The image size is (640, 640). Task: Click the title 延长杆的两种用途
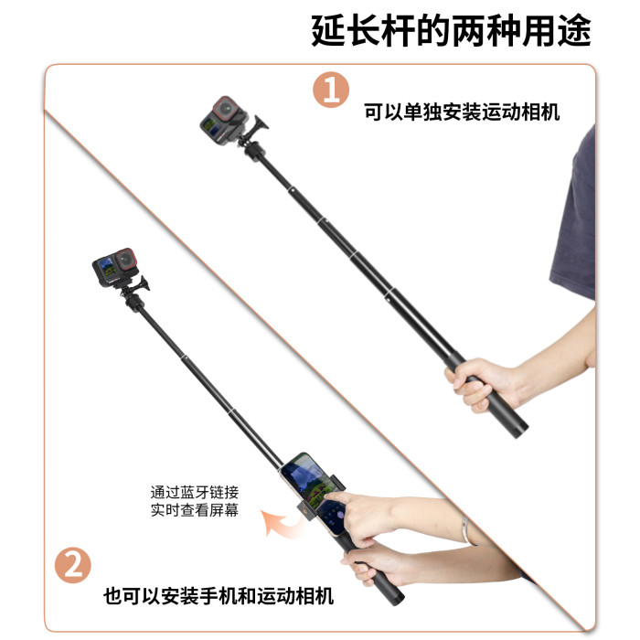(451, 30)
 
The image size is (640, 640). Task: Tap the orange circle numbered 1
(331, 90)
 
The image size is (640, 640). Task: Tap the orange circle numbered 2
(73, 565)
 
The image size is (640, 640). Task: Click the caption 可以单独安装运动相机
(462, 112)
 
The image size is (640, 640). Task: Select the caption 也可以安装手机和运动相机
(219, 596)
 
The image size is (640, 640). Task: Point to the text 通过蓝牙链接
(195, 493)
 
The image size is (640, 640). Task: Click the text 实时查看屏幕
(195, 510)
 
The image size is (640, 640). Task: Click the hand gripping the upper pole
(482, 384)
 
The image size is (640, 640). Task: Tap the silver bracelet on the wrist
(466, 530)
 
